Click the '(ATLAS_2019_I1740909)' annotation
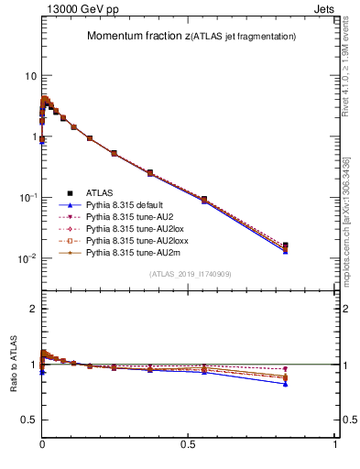pos(189,274)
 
